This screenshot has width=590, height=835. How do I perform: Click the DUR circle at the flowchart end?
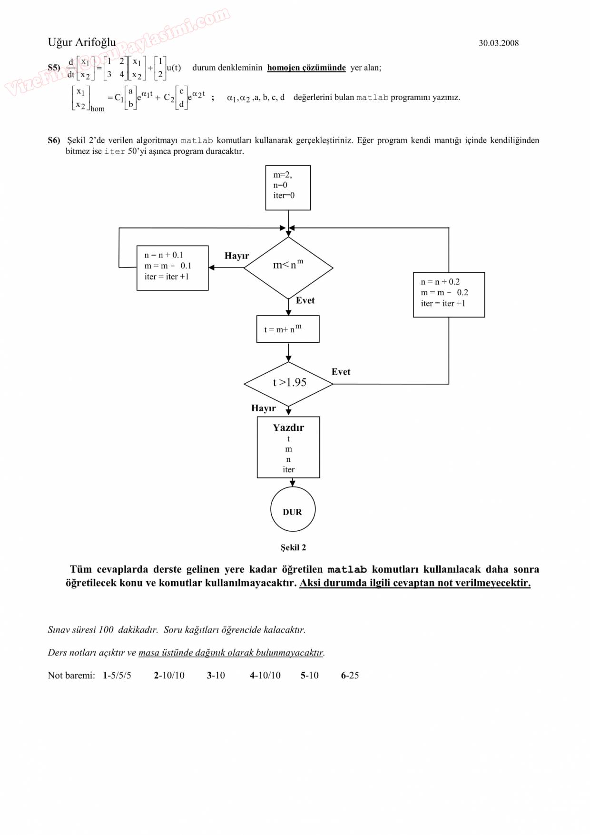293,509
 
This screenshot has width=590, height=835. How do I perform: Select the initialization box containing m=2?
288,188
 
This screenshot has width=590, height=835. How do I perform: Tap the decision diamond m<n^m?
288,267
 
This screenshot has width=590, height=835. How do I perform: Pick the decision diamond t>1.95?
288,383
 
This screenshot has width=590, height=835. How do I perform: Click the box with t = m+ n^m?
288,329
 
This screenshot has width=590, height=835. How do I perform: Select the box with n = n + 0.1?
172,268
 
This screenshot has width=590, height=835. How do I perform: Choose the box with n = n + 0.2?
449,294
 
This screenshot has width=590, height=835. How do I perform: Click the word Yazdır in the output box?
288,427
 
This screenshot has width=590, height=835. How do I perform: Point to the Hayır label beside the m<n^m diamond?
236,256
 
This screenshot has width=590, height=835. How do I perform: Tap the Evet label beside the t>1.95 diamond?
341,372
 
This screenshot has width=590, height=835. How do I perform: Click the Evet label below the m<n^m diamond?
305,300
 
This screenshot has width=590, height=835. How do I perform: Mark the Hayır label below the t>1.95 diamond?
263,408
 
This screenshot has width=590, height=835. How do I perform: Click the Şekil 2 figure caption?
293,547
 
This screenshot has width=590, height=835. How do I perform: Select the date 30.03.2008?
498,43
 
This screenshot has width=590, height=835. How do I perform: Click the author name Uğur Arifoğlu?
81,42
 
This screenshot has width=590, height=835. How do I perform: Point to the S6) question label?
54,140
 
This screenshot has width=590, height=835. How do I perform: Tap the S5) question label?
54,68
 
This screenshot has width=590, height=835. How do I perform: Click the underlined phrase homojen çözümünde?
306,68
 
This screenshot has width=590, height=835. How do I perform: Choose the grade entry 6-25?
350,675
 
